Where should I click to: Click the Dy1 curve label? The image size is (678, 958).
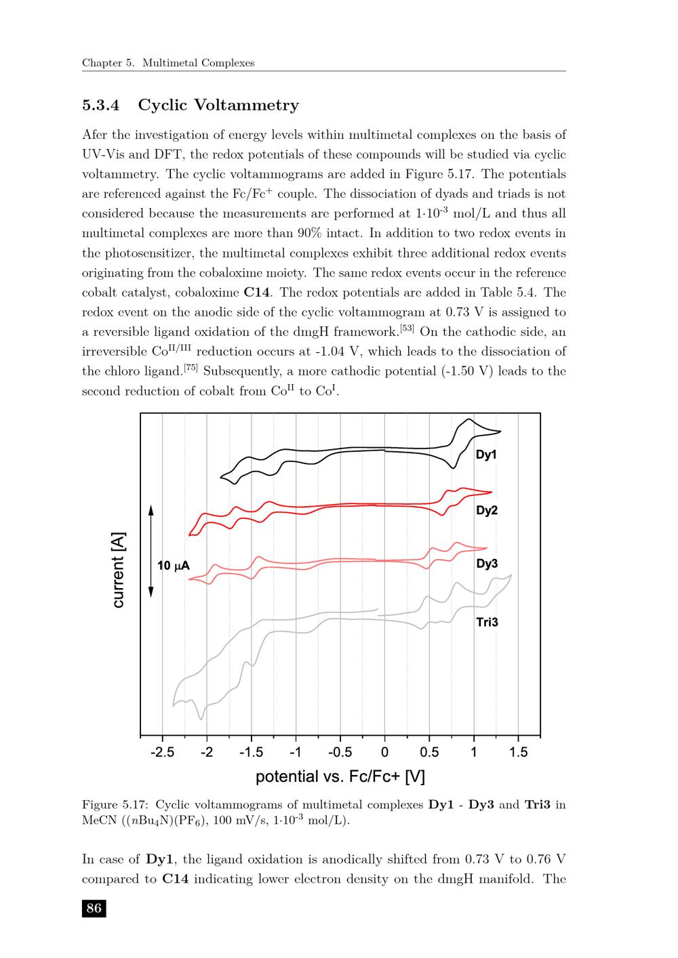(x=486, y=455)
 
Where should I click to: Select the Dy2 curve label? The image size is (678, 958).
(x=487, y=510)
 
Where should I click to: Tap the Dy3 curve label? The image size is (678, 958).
(x=487, y=563)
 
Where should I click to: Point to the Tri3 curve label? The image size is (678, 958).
(x=487, y=622)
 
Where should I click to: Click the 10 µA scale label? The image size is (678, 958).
(x=174, y=566)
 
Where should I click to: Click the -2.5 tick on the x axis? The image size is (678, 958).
(x=162, y=752)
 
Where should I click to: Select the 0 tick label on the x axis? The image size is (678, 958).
(x=385, y=752)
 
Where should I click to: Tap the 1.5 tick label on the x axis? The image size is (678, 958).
(x=519, y=752)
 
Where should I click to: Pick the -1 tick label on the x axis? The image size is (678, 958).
(x=296, y=752)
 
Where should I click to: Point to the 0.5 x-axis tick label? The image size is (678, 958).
(x=429, y=752)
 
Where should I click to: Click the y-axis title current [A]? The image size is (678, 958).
(x=118, y=569)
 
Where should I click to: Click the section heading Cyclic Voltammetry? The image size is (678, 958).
(x=218, y=105)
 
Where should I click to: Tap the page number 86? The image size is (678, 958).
(x=94, y=908)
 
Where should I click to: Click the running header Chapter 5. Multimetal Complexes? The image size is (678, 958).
(x=168, y=63)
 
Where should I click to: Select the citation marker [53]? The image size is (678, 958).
(x=407, y=329)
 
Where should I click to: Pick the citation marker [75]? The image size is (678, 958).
(x=191, y=368)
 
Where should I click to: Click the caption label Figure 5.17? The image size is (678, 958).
(x=115, y=805)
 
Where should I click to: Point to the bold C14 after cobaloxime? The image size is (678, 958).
(x=257, y=293)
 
